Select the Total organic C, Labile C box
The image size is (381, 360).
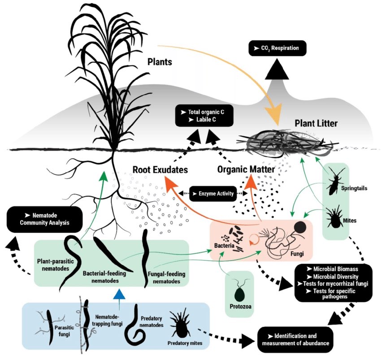[x=205, y=116]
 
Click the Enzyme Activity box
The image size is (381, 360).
[x=213, y=194]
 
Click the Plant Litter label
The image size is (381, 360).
[x=316, y=122]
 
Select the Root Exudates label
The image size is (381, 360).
[x=160, y=170]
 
